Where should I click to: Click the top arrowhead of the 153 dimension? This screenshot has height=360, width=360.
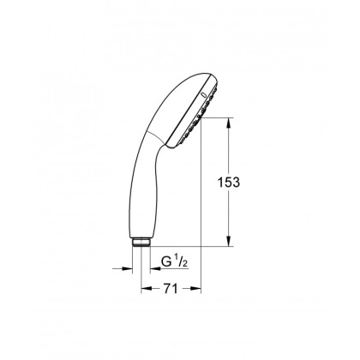click(229, 123)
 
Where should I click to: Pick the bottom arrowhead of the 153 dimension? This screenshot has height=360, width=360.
click(229, 243)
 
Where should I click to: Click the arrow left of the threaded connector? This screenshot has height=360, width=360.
click(121, 267)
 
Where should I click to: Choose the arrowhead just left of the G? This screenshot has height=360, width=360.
click(146, 267)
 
